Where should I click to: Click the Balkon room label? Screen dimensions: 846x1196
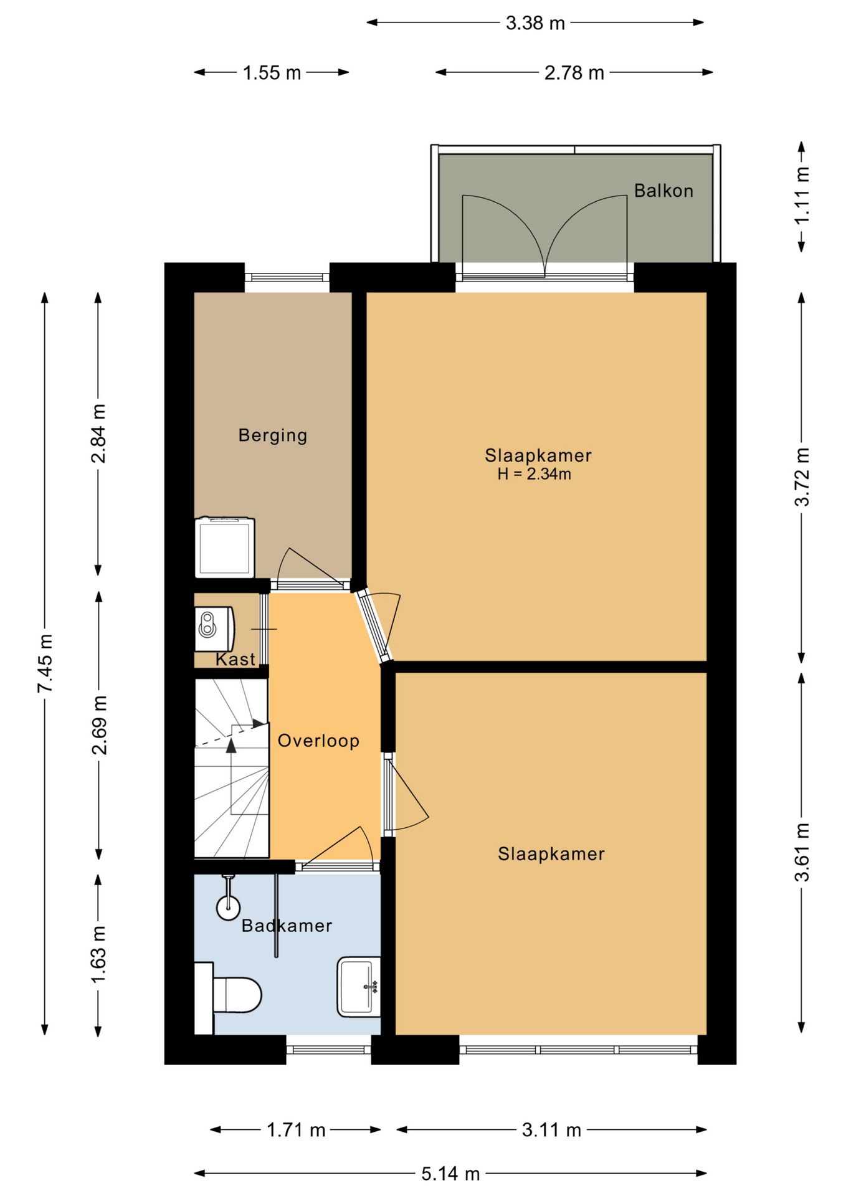click(663, 191)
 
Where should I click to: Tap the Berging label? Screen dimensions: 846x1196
click(273, 435)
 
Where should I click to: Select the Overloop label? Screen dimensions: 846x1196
click(318, 741)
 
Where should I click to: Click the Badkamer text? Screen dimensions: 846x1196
click(287, 926)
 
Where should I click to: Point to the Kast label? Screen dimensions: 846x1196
click(235, 659)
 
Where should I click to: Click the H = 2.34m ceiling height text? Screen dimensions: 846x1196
click(535, 474)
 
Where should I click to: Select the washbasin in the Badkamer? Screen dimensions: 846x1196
click(359, 987)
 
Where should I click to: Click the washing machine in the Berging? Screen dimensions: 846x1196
click(225, 547)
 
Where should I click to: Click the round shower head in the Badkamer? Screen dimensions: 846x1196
click(228, 908)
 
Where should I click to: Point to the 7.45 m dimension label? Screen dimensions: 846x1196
click(45, 663)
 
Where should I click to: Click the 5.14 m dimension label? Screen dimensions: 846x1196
click(450, 1174)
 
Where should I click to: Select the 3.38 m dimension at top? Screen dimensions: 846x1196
click(535, 23)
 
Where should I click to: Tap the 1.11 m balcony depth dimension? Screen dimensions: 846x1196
click(802, 195)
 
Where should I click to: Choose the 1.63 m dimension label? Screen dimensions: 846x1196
click(98, 954)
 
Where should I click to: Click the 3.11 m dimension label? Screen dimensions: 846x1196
click(551, 1129)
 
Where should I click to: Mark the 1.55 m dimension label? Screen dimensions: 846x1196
click(272, 73)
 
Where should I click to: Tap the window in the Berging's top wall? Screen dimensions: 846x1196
click(287, 278)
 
